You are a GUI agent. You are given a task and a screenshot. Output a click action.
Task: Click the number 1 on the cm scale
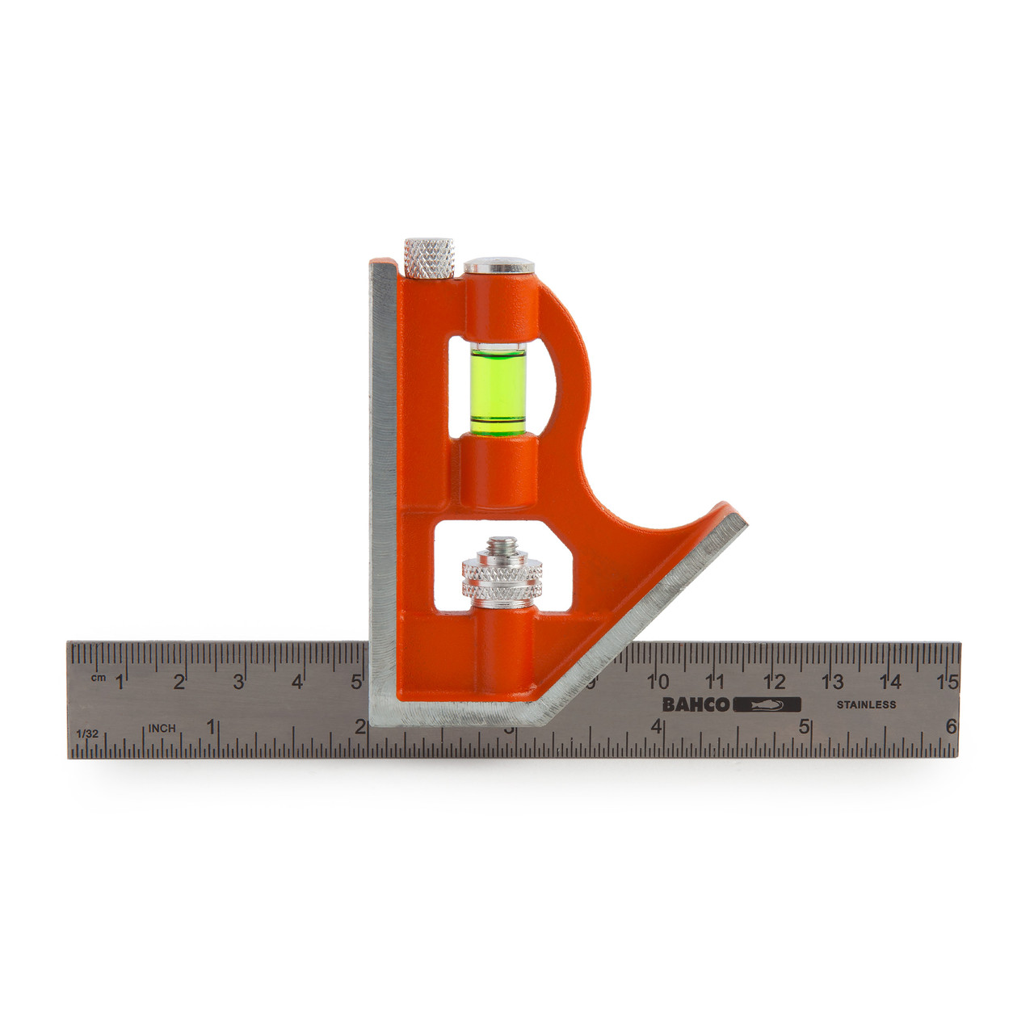coord(120,682)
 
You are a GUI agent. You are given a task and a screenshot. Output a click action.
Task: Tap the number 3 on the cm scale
coord(238,682)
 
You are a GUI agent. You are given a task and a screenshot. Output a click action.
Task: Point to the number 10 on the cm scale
coord(658,682)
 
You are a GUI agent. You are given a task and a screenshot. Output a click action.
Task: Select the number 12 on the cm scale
coord(775,682)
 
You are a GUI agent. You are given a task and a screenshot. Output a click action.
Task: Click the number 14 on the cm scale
coord(891,682)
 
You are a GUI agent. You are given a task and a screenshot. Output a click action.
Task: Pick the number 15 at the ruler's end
coord(948,682)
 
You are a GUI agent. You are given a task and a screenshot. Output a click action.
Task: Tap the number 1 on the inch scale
coord(211,726)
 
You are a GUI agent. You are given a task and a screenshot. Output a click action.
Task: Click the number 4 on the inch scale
coord(657,726)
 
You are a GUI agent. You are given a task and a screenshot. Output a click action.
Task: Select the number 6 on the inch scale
coord(952,726)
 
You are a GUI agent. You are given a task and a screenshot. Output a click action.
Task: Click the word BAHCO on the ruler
coord(696,704)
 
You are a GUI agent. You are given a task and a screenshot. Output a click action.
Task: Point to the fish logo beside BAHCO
coord(767,704)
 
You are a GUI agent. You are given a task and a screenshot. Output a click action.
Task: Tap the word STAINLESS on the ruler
coord(866,704)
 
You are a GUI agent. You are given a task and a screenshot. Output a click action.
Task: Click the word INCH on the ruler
coord(162,729)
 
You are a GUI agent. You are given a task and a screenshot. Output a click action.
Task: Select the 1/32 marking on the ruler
coord(86,733)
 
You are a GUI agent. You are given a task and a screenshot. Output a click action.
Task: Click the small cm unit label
coord(98,677)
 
